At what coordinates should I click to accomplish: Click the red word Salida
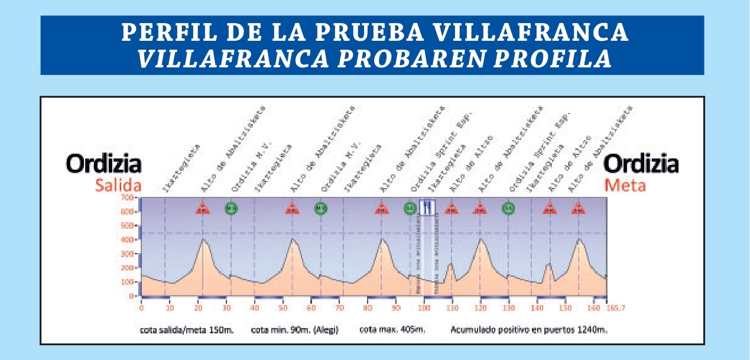pos(118,186)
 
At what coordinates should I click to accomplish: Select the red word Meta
pos(625,186)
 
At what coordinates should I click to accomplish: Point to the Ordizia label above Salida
pos(103,164)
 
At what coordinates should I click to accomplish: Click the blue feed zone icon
pos(427,207)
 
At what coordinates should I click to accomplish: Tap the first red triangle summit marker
pos(203,208)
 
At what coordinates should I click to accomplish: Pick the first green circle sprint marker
pos(230,208)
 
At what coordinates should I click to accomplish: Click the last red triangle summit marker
pos(578,208)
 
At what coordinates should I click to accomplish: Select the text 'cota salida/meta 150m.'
pos(187,330)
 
